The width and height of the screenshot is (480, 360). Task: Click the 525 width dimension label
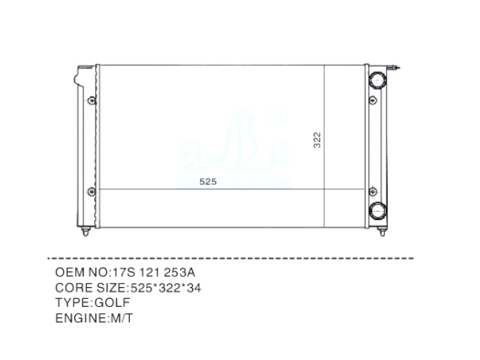coord(208,182)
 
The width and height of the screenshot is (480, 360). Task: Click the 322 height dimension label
coord(317,140)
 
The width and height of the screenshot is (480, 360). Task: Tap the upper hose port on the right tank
coord(378,80)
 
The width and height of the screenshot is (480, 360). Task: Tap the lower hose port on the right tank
coord(378,211)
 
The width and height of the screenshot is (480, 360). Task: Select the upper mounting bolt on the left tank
coord(91,101)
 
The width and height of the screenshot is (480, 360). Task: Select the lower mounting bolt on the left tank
coord(91,192)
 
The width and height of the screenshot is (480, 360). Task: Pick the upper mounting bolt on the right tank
coord(373,100)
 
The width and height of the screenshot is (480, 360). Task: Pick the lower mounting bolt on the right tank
coord(373,192)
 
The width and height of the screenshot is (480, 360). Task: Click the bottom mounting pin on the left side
coord(85,231)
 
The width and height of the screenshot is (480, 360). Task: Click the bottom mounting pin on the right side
coord(382,231)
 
